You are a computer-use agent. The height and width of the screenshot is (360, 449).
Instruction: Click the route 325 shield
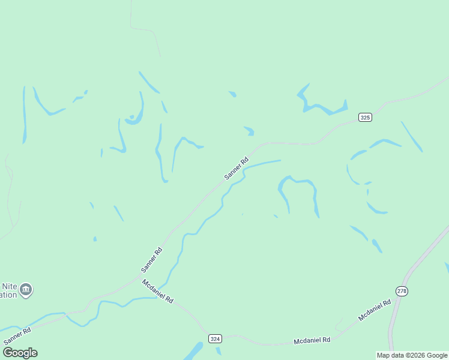click(365, 118)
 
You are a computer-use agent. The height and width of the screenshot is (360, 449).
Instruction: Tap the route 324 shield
click(215, 339)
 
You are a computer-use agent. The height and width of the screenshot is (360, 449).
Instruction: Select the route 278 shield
click(402, 291)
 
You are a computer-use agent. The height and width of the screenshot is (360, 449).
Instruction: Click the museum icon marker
click(26, 290)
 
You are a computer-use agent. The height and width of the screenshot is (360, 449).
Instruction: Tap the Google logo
click(20, 353)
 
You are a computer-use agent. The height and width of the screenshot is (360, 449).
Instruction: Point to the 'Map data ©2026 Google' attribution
click(412, 355)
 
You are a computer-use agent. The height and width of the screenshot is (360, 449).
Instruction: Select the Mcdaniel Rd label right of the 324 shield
click(312, 340)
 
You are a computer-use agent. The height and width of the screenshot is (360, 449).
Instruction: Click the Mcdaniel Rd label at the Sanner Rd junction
click(158, 290)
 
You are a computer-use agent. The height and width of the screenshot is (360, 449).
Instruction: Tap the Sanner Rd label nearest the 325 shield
click(236, 169)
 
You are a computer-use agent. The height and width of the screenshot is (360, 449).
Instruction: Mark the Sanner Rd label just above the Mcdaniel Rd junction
click(151, 259)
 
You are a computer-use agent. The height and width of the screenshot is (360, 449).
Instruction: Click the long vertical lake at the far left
click(25, 114)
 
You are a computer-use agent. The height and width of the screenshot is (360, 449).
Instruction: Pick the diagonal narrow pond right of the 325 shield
click(412, 137)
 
